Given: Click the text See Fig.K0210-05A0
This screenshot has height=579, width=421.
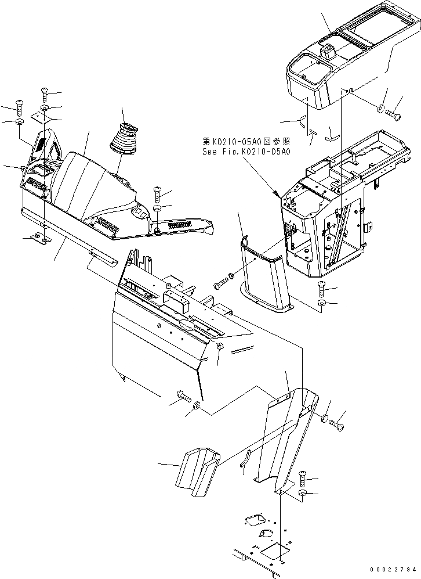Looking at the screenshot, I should (246, 152).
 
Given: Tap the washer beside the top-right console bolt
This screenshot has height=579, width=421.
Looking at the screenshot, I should (381, 109).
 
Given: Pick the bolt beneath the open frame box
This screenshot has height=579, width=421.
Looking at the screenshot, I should (323, 287).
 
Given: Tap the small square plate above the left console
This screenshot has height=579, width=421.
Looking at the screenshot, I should (40, 117).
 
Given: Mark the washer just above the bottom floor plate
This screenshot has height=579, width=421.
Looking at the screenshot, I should (303, 494).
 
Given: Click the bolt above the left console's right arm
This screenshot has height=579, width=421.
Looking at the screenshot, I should (157, 193).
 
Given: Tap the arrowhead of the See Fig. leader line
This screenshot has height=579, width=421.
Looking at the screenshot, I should (276, 193).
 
